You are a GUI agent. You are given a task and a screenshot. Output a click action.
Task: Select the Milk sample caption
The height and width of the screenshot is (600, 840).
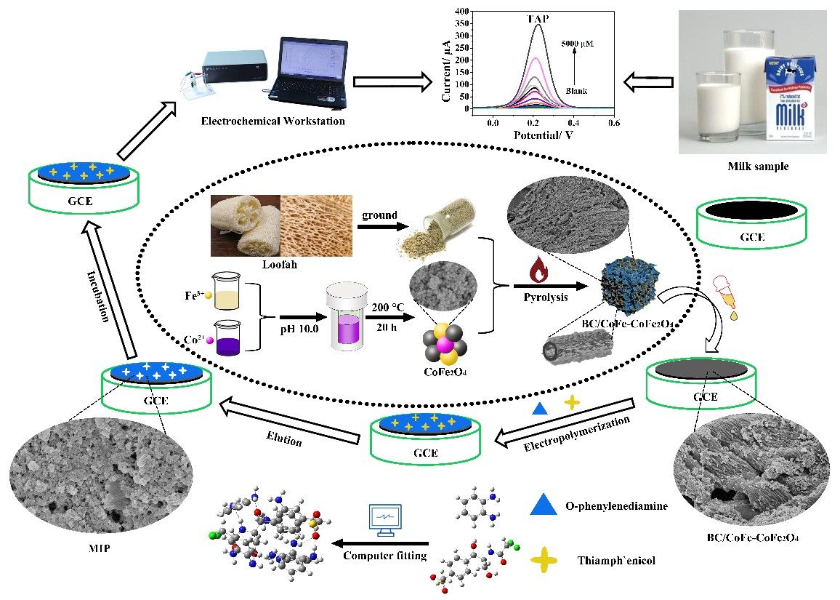click(x=758, y=167)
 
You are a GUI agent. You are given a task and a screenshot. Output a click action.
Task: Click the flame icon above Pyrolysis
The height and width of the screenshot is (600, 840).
click(x=538, y=272)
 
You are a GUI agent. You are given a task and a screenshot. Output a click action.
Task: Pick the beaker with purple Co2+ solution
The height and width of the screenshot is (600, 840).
click(x=225, y=337)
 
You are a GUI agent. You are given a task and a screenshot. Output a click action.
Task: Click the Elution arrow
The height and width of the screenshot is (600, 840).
click(x=291, y=421)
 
